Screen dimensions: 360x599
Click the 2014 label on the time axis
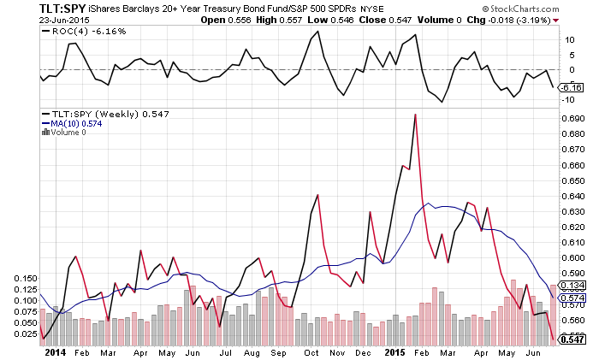(54, 351)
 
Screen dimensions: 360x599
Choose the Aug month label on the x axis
(252, 351)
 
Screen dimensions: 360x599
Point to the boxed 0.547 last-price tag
(571, 339)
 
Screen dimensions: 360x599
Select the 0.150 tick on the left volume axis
(24, 279)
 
